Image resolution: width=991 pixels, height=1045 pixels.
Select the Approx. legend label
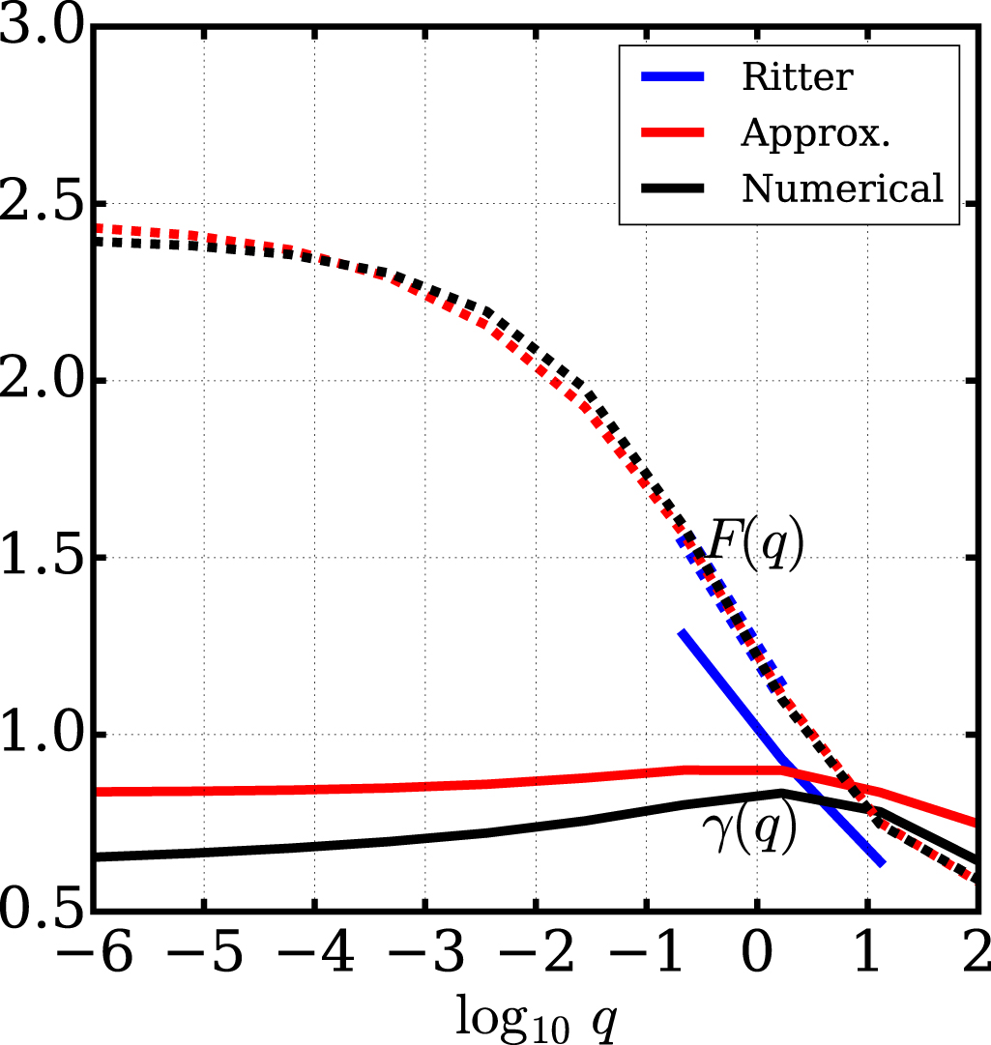click(815, 133)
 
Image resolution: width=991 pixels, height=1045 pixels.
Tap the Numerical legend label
click(842, 189)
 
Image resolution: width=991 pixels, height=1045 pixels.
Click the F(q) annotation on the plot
click(754, 547)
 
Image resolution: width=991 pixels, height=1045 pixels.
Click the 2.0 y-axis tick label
click(43, 381)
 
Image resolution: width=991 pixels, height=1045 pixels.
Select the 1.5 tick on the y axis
click(43, 558)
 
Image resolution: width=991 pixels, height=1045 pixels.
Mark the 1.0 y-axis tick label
click(43, 735)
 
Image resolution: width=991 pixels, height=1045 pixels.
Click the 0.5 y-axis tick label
click(43, 910)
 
